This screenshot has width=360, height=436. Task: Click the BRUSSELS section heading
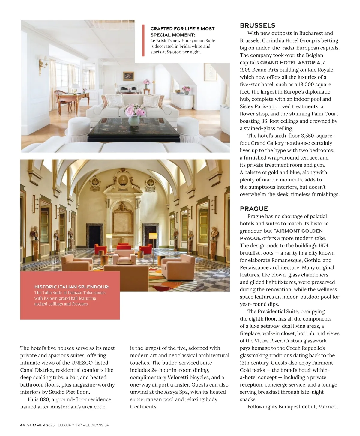tap(257, 25)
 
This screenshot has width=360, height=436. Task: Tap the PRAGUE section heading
tap(254, 208)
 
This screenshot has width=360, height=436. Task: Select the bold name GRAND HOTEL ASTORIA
tap(290, 63)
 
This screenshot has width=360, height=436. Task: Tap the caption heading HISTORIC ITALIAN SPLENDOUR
tap(72, 287)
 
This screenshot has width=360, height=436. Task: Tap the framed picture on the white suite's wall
tap(129, 76)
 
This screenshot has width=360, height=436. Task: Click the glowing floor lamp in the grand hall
tap(153, 237)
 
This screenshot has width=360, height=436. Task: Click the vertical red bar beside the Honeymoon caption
tap(143, 40)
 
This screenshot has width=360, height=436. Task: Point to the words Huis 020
tap(38, 399)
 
